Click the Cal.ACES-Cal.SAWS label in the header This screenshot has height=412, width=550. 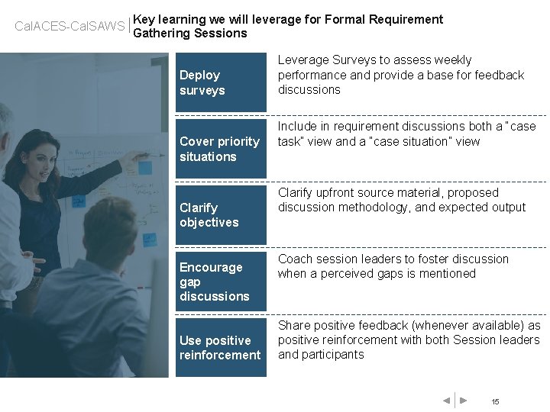(70, 27)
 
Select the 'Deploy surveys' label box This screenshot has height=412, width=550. (221, 82)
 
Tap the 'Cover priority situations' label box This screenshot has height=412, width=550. (221, 149)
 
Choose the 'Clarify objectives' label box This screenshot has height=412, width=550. (221, 215)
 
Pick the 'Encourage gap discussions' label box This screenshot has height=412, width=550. (221, 282)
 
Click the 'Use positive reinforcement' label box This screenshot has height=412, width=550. (221, 348)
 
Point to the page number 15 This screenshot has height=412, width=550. (495, 402)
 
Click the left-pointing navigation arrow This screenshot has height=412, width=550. (446, 401)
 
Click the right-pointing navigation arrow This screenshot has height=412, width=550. (463, 401)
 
